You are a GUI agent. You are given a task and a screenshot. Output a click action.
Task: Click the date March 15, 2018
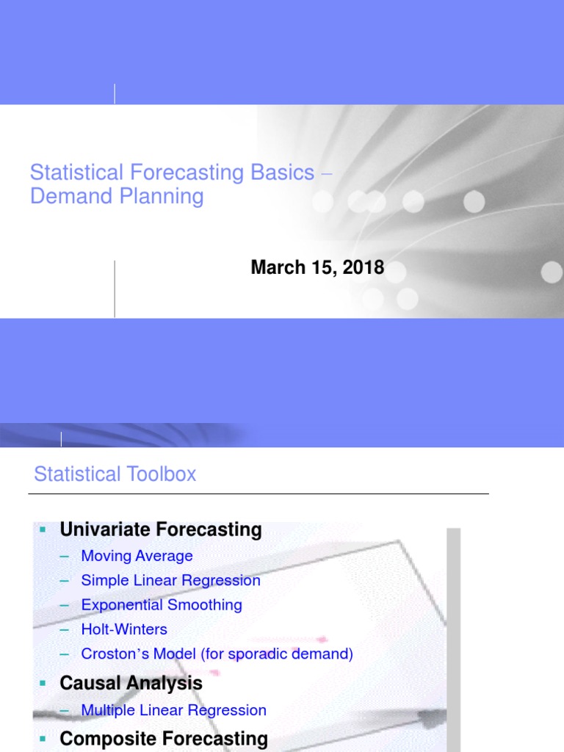tap(317, 268)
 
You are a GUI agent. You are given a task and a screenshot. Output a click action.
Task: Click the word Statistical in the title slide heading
tap(76, 173)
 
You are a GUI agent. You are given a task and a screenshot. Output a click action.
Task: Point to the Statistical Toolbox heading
tap(115, 474)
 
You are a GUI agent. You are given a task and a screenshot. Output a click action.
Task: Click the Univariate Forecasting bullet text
tap(161, 529)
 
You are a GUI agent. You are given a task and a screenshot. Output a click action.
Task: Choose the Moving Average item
tap(137, 556)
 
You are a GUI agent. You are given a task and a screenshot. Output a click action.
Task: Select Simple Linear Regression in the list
tap(170, 580)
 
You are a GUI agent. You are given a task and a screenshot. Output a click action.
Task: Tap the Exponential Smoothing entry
tap(162, 605)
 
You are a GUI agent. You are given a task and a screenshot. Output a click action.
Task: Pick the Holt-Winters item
tap(124, 629)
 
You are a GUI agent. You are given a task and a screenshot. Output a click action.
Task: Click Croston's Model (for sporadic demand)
tap(217, 654)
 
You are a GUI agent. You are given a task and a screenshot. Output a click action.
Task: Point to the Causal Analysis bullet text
tap(131, 683)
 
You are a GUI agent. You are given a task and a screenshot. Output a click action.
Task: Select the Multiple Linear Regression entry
tap(173, 710)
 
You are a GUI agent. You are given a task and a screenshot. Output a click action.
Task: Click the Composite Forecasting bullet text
tap(164, 739)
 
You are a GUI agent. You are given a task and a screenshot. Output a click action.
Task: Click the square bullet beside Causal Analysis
tap(43, 683)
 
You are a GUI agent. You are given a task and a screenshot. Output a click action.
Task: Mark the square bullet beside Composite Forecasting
tap(43, 739)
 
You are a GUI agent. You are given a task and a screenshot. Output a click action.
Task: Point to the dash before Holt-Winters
tap(65, 629)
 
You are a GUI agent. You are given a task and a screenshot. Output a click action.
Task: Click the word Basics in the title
tap(282, 173)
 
